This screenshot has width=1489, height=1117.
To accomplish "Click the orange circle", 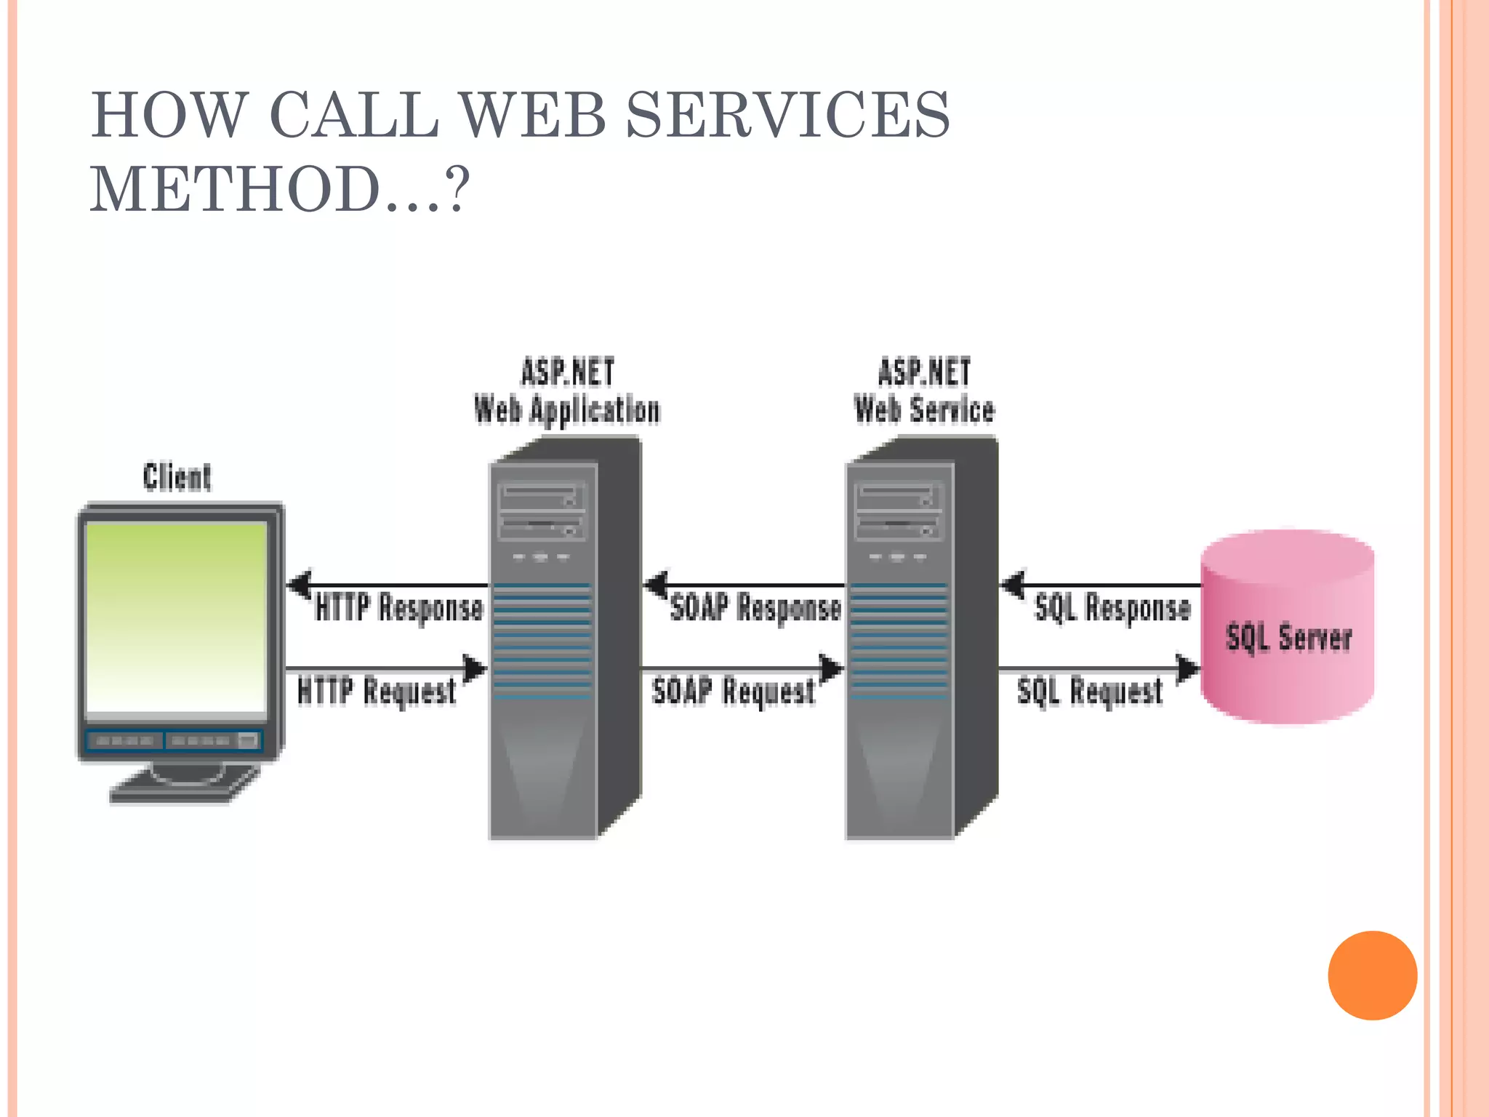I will pyautogui.click(x=1372, y=975).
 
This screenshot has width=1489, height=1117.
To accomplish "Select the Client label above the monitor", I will pyautogui.click(x=177, y=477).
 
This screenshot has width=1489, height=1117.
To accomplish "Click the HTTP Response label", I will pyautogui.click(x=399, y=607).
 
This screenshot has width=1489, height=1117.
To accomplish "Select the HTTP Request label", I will pyautogui.click(x=377, y=691).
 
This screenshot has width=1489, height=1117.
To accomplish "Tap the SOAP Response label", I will pyautogui.click(x=755, y=607).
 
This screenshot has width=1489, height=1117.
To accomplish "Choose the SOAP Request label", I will pyautogui.click(x=733, y=691).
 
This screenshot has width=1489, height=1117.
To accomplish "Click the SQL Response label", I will pyautogui.click(x=1112, y=607).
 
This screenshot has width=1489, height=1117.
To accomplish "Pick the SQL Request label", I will pyautogui.click(x=1090, y=691).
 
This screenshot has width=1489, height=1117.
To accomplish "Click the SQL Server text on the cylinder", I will pyautogui.click(x=1288, y=638).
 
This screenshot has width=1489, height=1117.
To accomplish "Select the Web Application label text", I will pyautogui.click(x=566, y=409).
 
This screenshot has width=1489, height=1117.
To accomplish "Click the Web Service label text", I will pyautogui.click(x=923, y=409).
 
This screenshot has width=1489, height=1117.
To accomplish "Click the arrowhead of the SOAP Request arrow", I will pyautogui.click(x=831, y=668).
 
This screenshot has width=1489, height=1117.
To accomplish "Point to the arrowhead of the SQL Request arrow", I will pyautogui.click(x=1188, y=668).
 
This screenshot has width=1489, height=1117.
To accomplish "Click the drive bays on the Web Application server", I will pyautogui.click(x=542, y=513).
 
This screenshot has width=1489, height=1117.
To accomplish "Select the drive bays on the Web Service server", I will pyautogui.click(x=899, y=513).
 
